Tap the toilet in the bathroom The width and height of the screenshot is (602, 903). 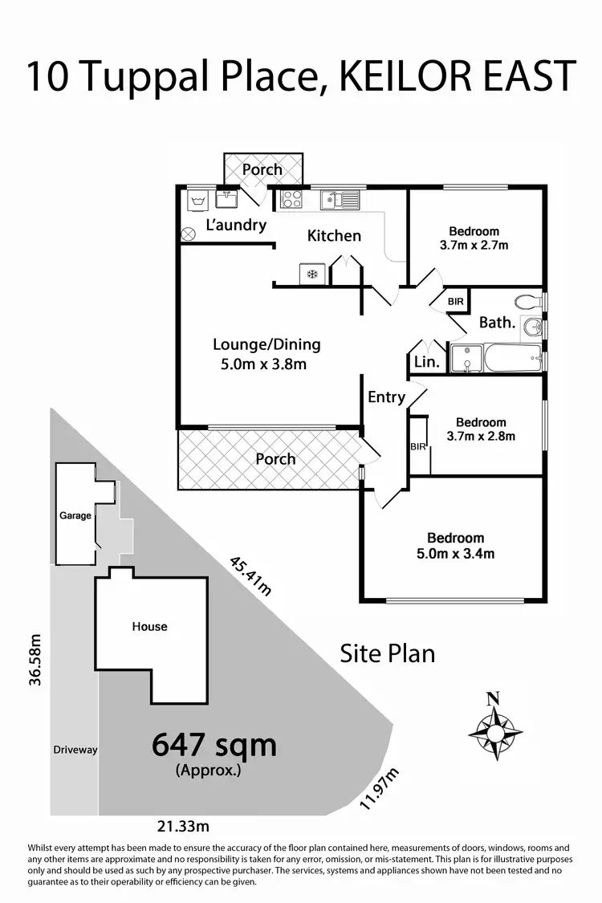(x=527, y=303)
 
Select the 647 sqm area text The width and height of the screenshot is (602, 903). (x=214, y=746)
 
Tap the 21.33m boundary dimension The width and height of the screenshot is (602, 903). (x=182, y=826)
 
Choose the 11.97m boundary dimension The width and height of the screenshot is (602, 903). (x=380, y=788)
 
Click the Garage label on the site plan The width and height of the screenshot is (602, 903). (x=75, y=515)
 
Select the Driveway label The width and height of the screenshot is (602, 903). (x=75, y=750)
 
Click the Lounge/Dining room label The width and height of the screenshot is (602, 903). (x=266, y=344)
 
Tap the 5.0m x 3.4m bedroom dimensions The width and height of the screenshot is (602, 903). (x=455, y=554)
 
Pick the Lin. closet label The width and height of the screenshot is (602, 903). (x=426, y=362)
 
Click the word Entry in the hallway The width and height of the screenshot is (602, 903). (x=386, y=397)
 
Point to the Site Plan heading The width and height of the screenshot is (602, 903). (x=387, y=653)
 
